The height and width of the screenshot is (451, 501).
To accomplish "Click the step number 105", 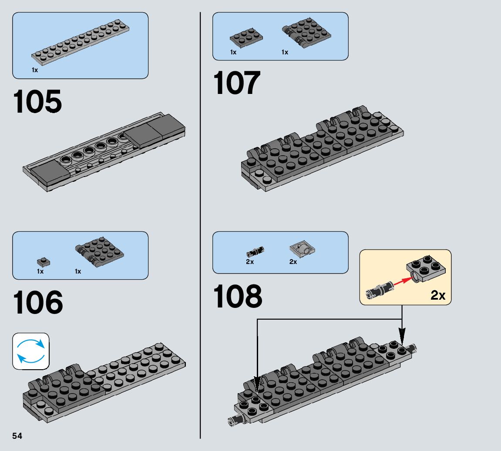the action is tap(37, 102).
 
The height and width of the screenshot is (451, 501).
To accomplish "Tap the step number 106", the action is tap(38, 303).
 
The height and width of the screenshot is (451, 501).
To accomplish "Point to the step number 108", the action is tap(238, 297).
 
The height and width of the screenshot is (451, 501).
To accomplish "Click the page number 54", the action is tap(17, 436).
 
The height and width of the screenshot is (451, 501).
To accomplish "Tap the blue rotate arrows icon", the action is tap(31, 351).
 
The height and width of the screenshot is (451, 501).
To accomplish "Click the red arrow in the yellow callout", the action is tap(401, 282).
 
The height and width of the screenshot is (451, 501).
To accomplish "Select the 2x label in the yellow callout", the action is tap(438, 295).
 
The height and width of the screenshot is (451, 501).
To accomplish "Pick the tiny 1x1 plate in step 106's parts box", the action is tap(44, 262).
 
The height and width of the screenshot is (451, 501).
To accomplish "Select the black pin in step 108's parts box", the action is tap(256, 251).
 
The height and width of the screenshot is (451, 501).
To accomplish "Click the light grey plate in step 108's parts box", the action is tap(302, 249).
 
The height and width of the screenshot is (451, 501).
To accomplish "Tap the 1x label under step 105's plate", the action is tap(35, 70).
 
